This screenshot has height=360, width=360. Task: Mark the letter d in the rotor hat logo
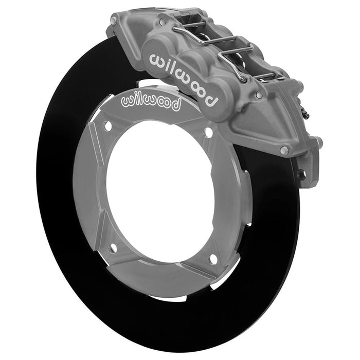176,106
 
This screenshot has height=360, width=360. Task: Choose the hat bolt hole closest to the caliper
208,133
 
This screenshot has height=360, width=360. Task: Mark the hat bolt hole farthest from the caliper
113,248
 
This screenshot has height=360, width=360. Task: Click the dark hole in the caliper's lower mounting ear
302,175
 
